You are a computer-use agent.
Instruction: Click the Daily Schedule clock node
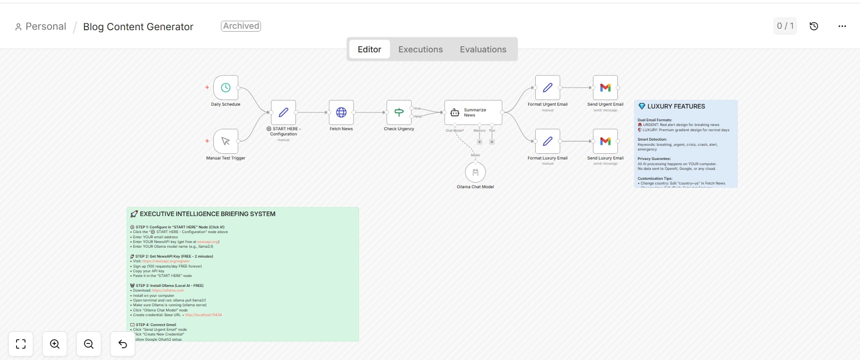click(x=226, y=88)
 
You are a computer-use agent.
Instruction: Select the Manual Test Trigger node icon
click(x=226, y=141)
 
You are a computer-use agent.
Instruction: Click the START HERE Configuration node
click(x=284, y=112)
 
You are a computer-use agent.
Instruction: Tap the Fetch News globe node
click(x=341, y=112)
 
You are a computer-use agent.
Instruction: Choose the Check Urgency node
click(x=399, y=112)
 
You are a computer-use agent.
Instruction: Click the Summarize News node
click(x=473, y=112)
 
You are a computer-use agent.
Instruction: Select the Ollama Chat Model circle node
click(x=475, y=172)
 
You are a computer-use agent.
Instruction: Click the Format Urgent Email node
click(x=548, y=88)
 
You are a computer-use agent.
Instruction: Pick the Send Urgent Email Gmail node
click(x=605, y=88)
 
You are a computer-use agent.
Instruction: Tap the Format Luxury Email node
click(x=548, y=141)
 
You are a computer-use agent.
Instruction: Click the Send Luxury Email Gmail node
click(x=605, y=141)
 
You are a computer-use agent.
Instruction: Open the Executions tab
click(x=421, y=50)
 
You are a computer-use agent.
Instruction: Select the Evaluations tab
click(x=483, y=50)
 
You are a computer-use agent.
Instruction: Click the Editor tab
click(x=369, y=50)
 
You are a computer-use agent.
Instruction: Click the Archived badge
click(x=241, y=26)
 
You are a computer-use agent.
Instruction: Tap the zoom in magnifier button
click(x=55, y=344)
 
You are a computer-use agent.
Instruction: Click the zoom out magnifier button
click(x=89, y=344)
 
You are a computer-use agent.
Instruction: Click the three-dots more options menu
click(x=842, y=26)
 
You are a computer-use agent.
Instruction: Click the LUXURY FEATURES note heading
click(x=676, y=107)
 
